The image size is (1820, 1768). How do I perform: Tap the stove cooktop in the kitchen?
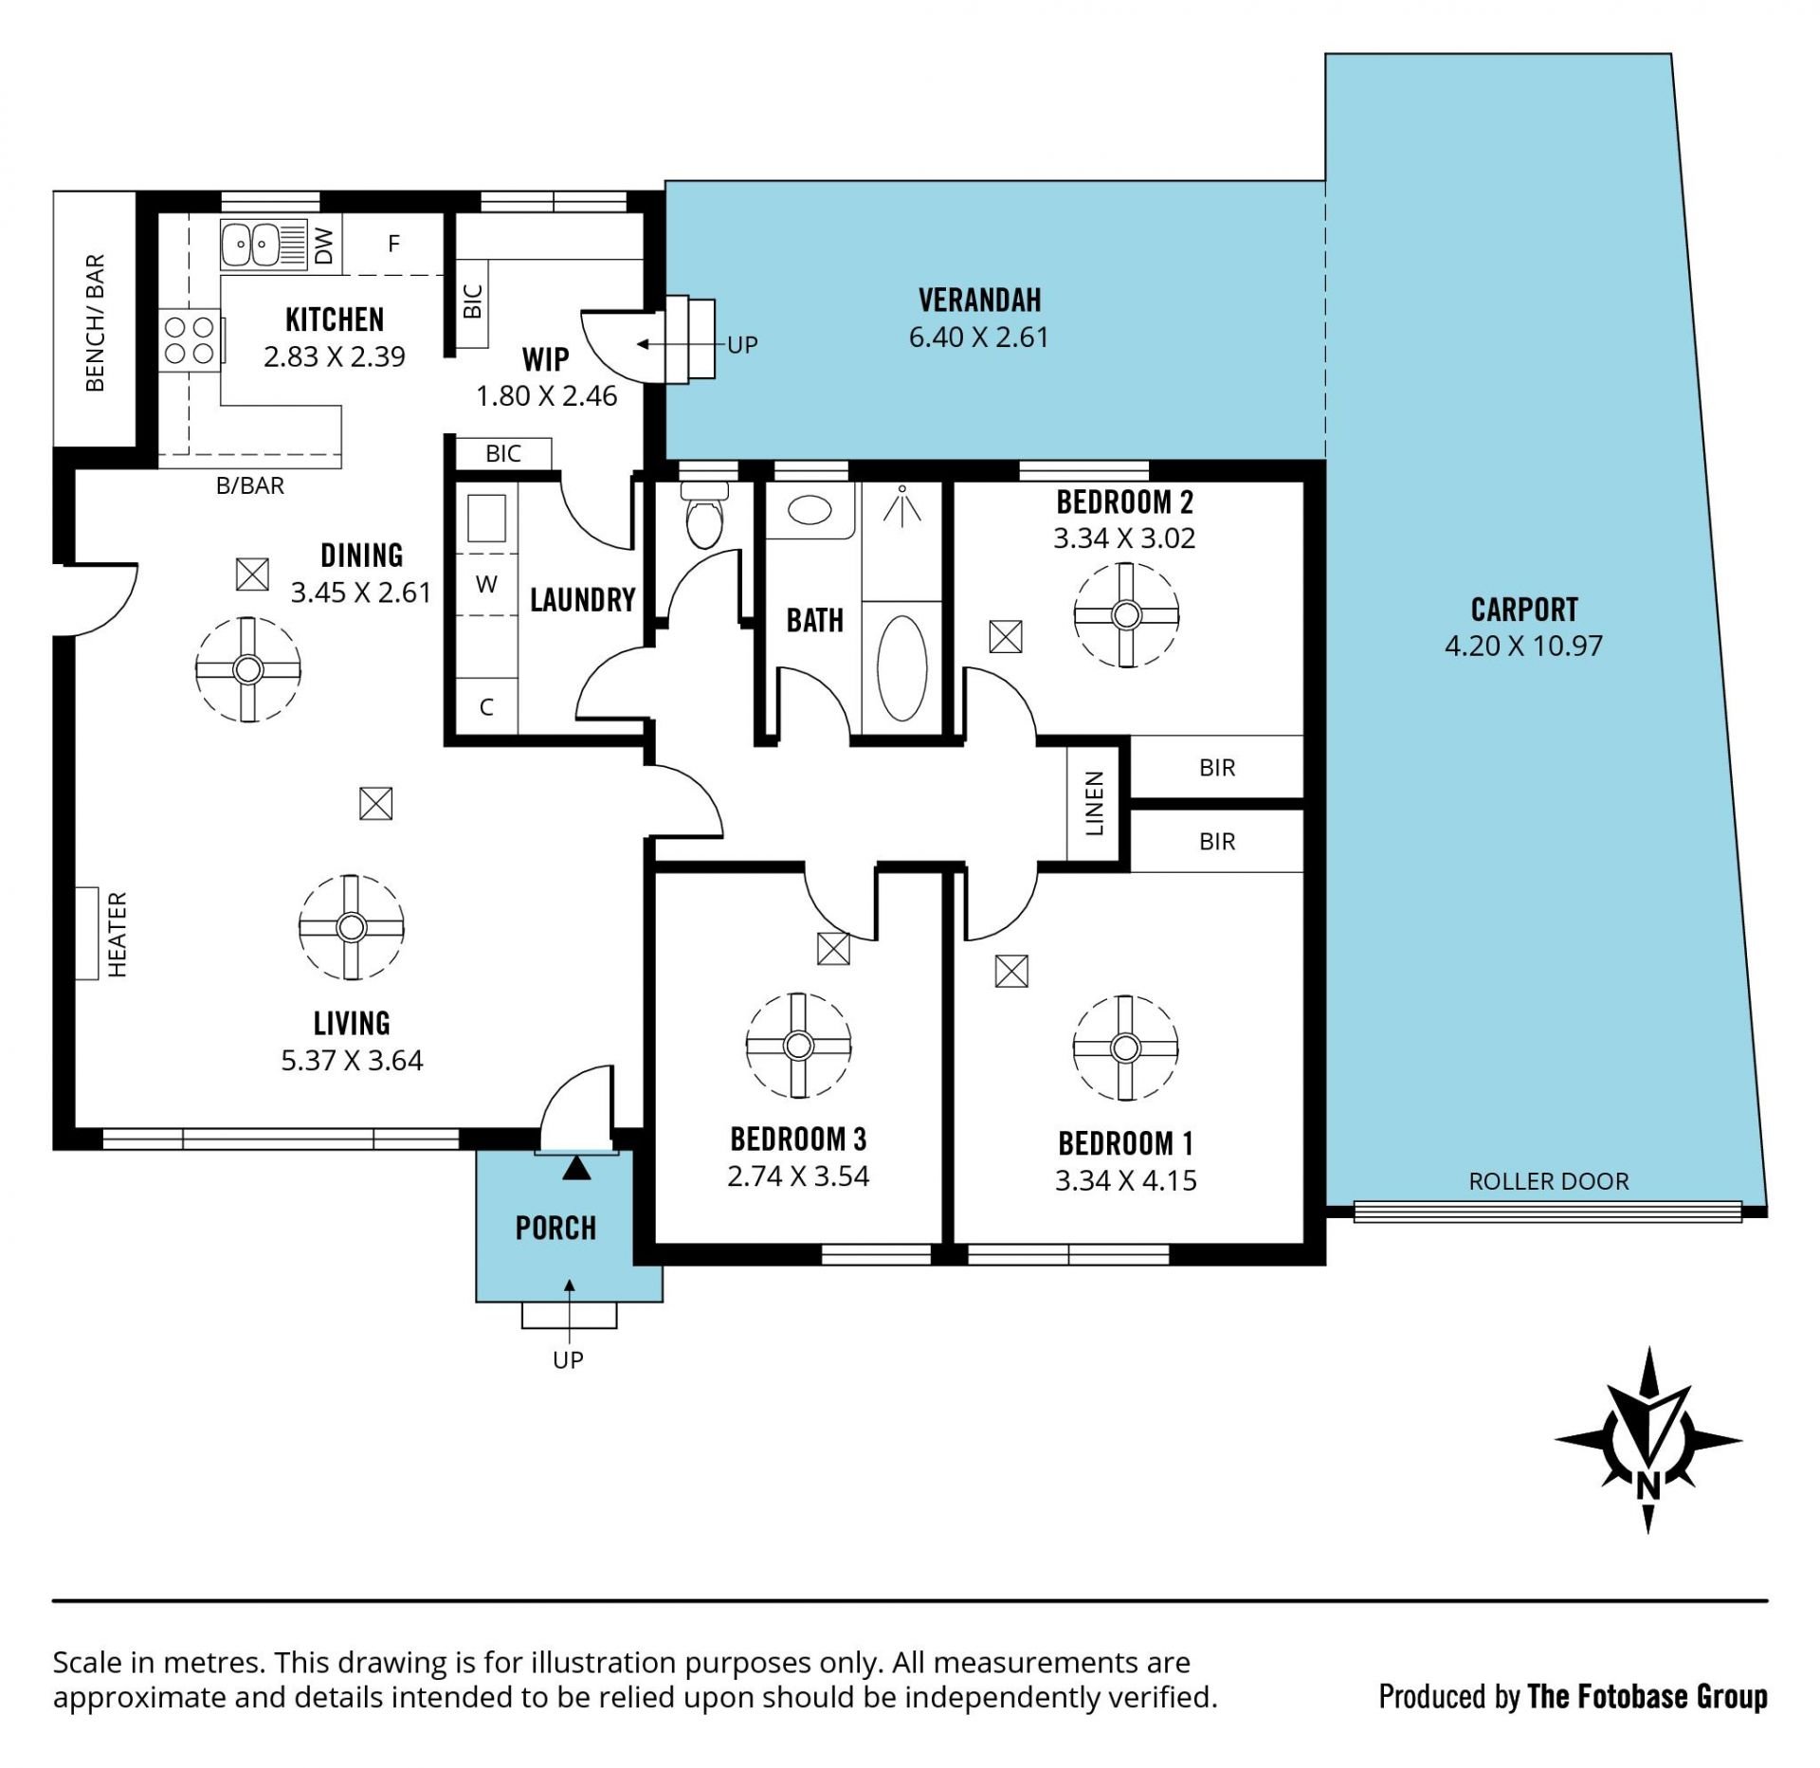(190, 340)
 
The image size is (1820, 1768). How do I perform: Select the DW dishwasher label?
(324, 246)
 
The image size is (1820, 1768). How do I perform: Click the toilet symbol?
(704, 515)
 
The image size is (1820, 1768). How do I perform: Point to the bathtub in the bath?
(901, 668)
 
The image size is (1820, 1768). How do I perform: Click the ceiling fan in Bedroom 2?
(1126, 615)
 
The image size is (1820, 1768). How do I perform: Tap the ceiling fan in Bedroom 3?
(798, 1046)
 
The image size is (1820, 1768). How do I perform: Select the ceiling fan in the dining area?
(248, 670)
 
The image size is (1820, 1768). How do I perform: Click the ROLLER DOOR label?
(1549, 1181)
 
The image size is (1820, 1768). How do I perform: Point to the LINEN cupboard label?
(1095, 803)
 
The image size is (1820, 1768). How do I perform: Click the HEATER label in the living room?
(117, 934)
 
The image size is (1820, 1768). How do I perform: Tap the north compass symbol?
(1648, 1440)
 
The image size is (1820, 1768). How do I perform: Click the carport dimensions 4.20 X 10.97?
(1523, 646)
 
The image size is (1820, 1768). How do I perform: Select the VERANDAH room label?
(980, 301)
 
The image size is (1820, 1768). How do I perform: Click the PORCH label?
(555, 1229)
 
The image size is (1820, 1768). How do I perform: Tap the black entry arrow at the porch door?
(576, 1168)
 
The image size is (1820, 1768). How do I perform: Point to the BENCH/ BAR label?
(95, 323)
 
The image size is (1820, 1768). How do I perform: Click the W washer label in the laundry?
(486, 584)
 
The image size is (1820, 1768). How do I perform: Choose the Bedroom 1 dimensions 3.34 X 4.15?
(1126, 1180)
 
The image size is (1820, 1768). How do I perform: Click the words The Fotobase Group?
(1647, 1696)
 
